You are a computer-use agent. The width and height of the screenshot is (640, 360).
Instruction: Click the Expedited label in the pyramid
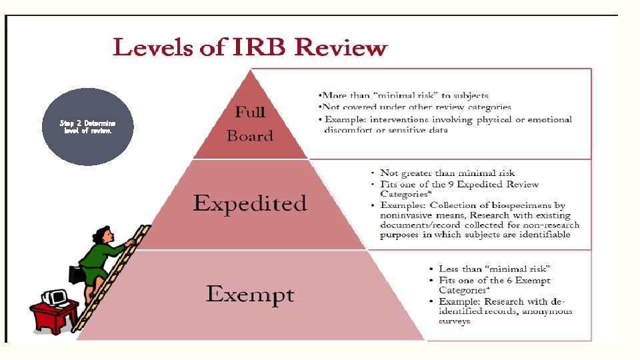point(250,203)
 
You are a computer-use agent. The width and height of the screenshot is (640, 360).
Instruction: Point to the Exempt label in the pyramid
point(250,294)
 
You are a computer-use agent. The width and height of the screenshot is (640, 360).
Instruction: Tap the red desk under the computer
point(53,317)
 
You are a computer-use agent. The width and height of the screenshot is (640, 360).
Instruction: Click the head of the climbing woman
point(103,233)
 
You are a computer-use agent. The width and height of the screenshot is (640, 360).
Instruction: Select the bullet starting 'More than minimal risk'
point(405,95)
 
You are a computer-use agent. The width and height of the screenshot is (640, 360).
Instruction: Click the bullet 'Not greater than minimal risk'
point(447,173)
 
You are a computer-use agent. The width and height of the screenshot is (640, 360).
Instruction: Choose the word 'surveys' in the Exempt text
point(454,321)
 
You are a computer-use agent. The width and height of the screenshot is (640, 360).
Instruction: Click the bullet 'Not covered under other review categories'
point(417,107)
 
